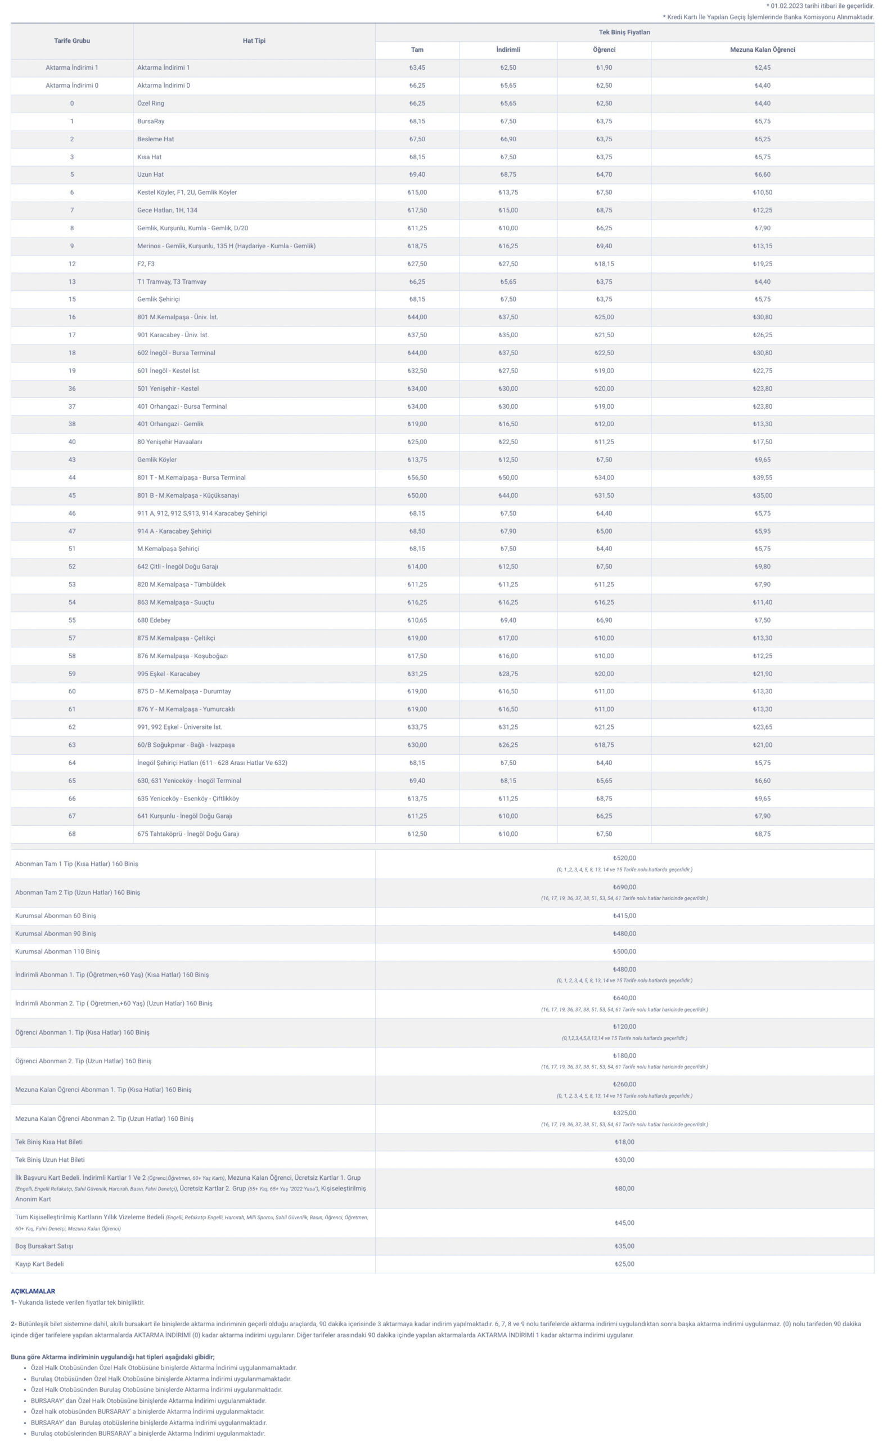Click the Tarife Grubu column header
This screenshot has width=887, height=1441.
pos(71,41)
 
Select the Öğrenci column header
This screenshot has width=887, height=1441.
pos(604,50)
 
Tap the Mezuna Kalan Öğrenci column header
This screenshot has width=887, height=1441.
pos(762,50)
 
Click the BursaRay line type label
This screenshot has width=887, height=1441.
pos(151,122)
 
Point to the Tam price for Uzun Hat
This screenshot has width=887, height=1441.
pos(417,174)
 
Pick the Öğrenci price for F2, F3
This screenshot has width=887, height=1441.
pos(604,264)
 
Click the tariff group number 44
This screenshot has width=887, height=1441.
pos(71,478)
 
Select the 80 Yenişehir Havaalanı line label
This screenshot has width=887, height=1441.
pos(169,442)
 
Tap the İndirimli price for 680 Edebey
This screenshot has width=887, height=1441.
pos(508,620)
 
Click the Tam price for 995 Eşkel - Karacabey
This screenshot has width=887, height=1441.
pos(417,674)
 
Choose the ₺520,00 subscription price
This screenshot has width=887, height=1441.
pos(624,858)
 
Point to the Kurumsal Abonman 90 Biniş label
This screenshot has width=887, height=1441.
pos(56,934)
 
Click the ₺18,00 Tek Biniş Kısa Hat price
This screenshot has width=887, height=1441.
pos(624,1142)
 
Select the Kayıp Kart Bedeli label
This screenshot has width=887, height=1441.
pos(39,1264)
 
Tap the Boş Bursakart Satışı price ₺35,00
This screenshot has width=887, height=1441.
pos(624,1246)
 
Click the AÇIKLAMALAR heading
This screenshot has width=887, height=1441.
pos(33,1291)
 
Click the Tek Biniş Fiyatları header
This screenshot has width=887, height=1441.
pos(624,32)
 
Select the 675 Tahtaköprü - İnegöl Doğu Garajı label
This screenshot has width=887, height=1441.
pos(188,834)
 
